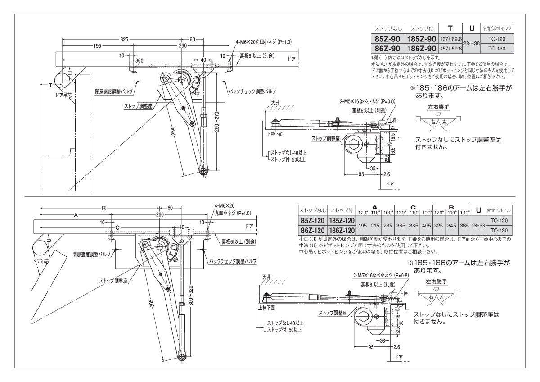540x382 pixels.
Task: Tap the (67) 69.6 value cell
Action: (451, 40)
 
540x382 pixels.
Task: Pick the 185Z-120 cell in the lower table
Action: (342, 220)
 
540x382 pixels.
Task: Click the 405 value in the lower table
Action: (427, 225)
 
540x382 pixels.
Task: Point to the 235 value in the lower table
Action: (389, 225)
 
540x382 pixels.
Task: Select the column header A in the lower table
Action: (375, 207)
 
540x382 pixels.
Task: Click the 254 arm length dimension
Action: (174, 132)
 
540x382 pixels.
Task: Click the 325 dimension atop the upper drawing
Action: (124, 39)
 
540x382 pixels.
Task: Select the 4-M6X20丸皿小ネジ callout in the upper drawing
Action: (264, 42)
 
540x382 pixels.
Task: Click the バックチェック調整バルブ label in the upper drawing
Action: (252, 91)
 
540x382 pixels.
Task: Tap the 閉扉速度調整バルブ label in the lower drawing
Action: (93, 254)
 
